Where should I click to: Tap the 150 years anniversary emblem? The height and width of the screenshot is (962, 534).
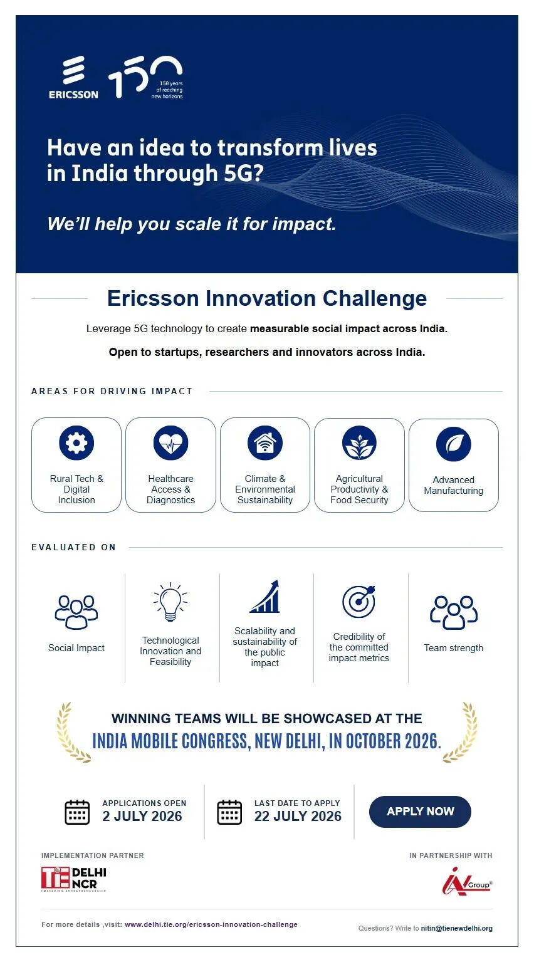tap(145, 77)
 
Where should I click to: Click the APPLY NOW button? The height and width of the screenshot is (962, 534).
tap(420, 811)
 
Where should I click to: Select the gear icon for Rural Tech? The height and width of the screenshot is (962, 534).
tap(76, 443)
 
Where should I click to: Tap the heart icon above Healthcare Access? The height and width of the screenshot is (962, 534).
tap(170, 443)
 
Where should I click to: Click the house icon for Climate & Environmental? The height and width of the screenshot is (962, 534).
tap(265, 443)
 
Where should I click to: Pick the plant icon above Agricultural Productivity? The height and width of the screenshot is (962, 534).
tap(359, 443)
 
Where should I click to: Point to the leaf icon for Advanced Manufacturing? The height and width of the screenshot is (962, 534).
tap(454, 444)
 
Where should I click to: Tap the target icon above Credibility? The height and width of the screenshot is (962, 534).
tap(359, 601)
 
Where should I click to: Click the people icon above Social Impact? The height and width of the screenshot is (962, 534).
tap(76, 612)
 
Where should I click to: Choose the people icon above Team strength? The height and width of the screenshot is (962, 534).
tap(454, 612)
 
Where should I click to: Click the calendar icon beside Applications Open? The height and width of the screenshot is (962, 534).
tap(77, 812)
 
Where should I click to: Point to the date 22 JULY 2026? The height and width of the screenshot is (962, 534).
tap(298, 816)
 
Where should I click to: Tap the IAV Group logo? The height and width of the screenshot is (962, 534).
tap(467, 881)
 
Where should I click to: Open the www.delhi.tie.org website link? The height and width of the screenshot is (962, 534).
tap(211, 924)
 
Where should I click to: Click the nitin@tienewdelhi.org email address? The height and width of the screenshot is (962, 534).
tap(457, 928)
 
